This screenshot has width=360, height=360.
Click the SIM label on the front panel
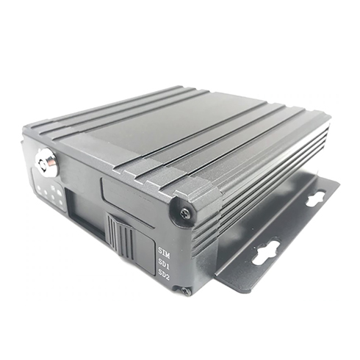[164, 253]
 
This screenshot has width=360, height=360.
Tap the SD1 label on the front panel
[164, 264]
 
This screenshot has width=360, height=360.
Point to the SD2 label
[164, 275]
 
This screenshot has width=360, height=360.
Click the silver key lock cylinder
[46, 162]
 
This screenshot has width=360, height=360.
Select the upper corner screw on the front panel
[185, 213]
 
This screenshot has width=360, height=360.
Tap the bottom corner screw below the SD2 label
[186, 291]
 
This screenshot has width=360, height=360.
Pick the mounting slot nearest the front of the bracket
[266, 253]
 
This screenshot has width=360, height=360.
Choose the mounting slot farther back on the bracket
[317, 198]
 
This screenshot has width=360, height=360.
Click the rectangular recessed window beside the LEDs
[86, 214]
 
